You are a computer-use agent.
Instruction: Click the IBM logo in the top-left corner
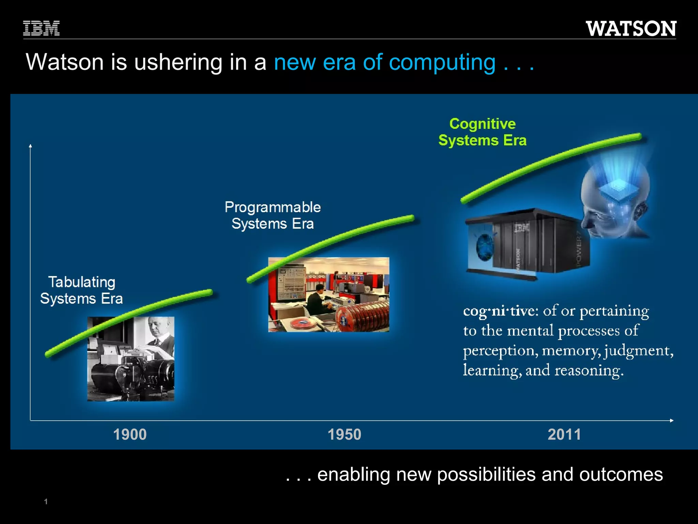tap(41, 28)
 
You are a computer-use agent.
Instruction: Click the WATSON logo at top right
tap(631, 29)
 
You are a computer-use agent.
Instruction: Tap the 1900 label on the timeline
tap(130, 435)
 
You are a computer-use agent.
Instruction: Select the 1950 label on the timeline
tap(344, 435)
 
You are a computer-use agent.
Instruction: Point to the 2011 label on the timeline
tap(564, 435)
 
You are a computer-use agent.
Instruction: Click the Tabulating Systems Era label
tap(81, 290)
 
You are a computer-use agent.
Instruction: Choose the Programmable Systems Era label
tap(273, 216)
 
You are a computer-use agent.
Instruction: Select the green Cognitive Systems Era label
tap(482, 132)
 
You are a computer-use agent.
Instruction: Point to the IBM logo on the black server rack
tap(522, 228)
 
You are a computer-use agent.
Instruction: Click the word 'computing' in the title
tap(442, 62)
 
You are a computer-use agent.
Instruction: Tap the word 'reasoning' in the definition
tap(589, 370)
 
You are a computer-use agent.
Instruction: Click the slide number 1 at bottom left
tap(46, 501)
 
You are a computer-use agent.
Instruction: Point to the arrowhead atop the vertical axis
tap(30, 146)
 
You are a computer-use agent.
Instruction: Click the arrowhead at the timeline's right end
tap(671, 420)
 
